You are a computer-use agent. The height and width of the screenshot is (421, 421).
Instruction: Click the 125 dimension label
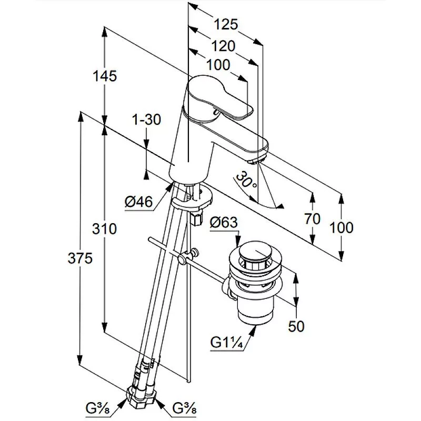[x=226, y=24]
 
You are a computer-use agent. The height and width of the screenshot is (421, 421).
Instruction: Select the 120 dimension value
[x=223, y=46]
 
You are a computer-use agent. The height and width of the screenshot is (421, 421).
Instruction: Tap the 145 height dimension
[x=105, y=76]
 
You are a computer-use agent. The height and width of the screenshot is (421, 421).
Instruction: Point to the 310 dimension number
[x=104, y=229]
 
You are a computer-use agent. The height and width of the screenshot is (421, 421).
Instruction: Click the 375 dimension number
[x=80, y=258]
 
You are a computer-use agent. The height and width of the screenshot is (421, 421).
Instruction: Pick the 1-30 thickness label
[x=147, y=119]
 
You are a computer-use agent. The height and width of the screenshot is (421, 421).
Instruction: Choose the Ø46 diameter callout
[x=138, y=202]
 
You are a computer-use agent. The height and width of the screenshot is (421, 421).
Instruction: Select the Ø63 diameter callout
[x=224, y=222]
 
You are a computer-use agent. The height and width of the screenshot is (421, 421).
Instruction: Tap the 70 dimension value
[x=312, y=218]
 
